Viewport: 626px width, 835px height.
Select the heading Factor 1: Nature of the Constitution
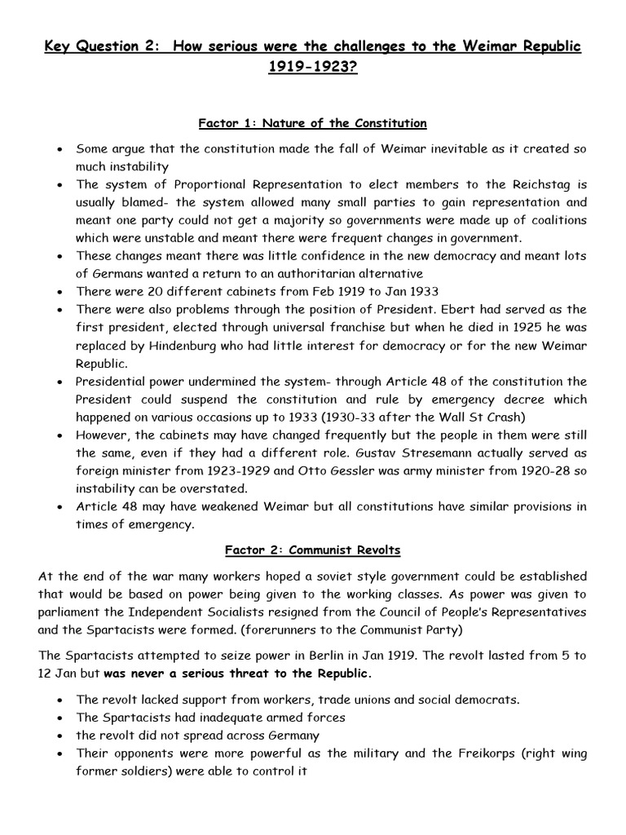pos(313,124)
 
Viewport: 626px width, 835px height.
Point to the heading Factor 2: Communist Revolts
pos(313,550)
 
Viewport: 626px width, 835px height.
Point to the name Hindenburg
pos(192,346)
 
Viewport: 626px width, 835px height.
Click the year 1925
pos(514,327)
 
